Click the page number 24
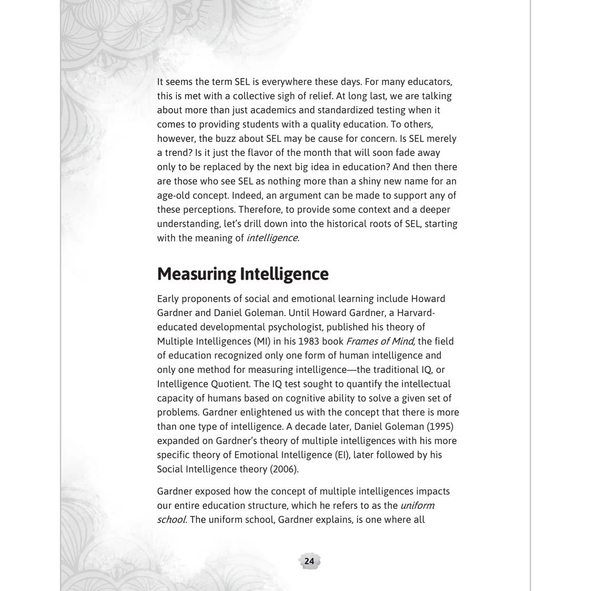[309, 561]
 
